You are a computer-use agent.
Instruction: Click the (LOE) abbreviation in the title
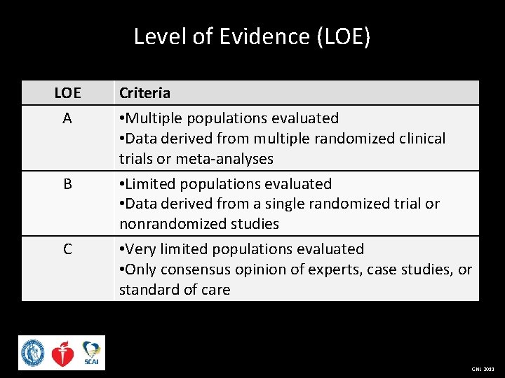click(x=344, y=36)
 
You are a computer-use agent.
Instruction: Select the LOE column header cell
click(x=67, y=93)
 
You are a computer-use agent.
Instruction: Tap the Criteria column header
click(x=144, y=93)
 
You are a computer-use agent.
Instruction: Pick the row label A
click(x=67, y=119)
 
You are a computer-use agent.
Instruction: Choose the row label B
click(x=67, y=184)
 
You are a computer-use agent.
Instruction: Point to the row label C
click(x=67, y=249)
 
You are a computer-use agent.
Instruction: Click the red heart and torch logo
click(x=63, y=353)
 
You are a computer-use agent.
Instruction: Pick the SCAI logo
click(x=91, y=352)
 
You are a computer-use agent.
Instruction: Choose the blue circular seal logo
click(x=32, y=353)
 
